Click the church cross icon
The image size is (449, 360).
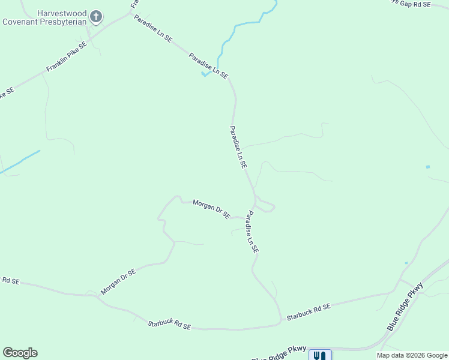(x=95, y=17)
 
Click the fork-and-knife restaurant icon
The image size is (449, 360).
(x=320, y=355)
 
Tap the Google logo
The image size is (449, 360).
(x=20, y=353)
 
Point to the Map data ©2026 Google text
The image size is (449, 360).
(x=412, y=355)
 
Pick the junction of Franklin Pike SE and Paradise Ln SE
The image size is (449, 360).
(x=131, y=13)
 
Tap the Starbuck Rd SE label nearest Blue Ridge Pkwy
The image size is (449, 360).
(x=309, y=311)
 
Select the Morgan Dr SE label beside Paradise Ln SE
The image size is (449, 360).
(x=211, y=209)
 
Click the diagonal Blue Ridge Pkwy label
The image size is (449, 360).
(x=405, y=307)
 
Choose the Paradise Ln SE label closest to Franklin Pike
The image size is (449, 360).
(x=152, y=28)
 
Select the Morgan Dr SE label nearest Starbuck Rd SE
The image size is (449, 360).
(x=118, y=281)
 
